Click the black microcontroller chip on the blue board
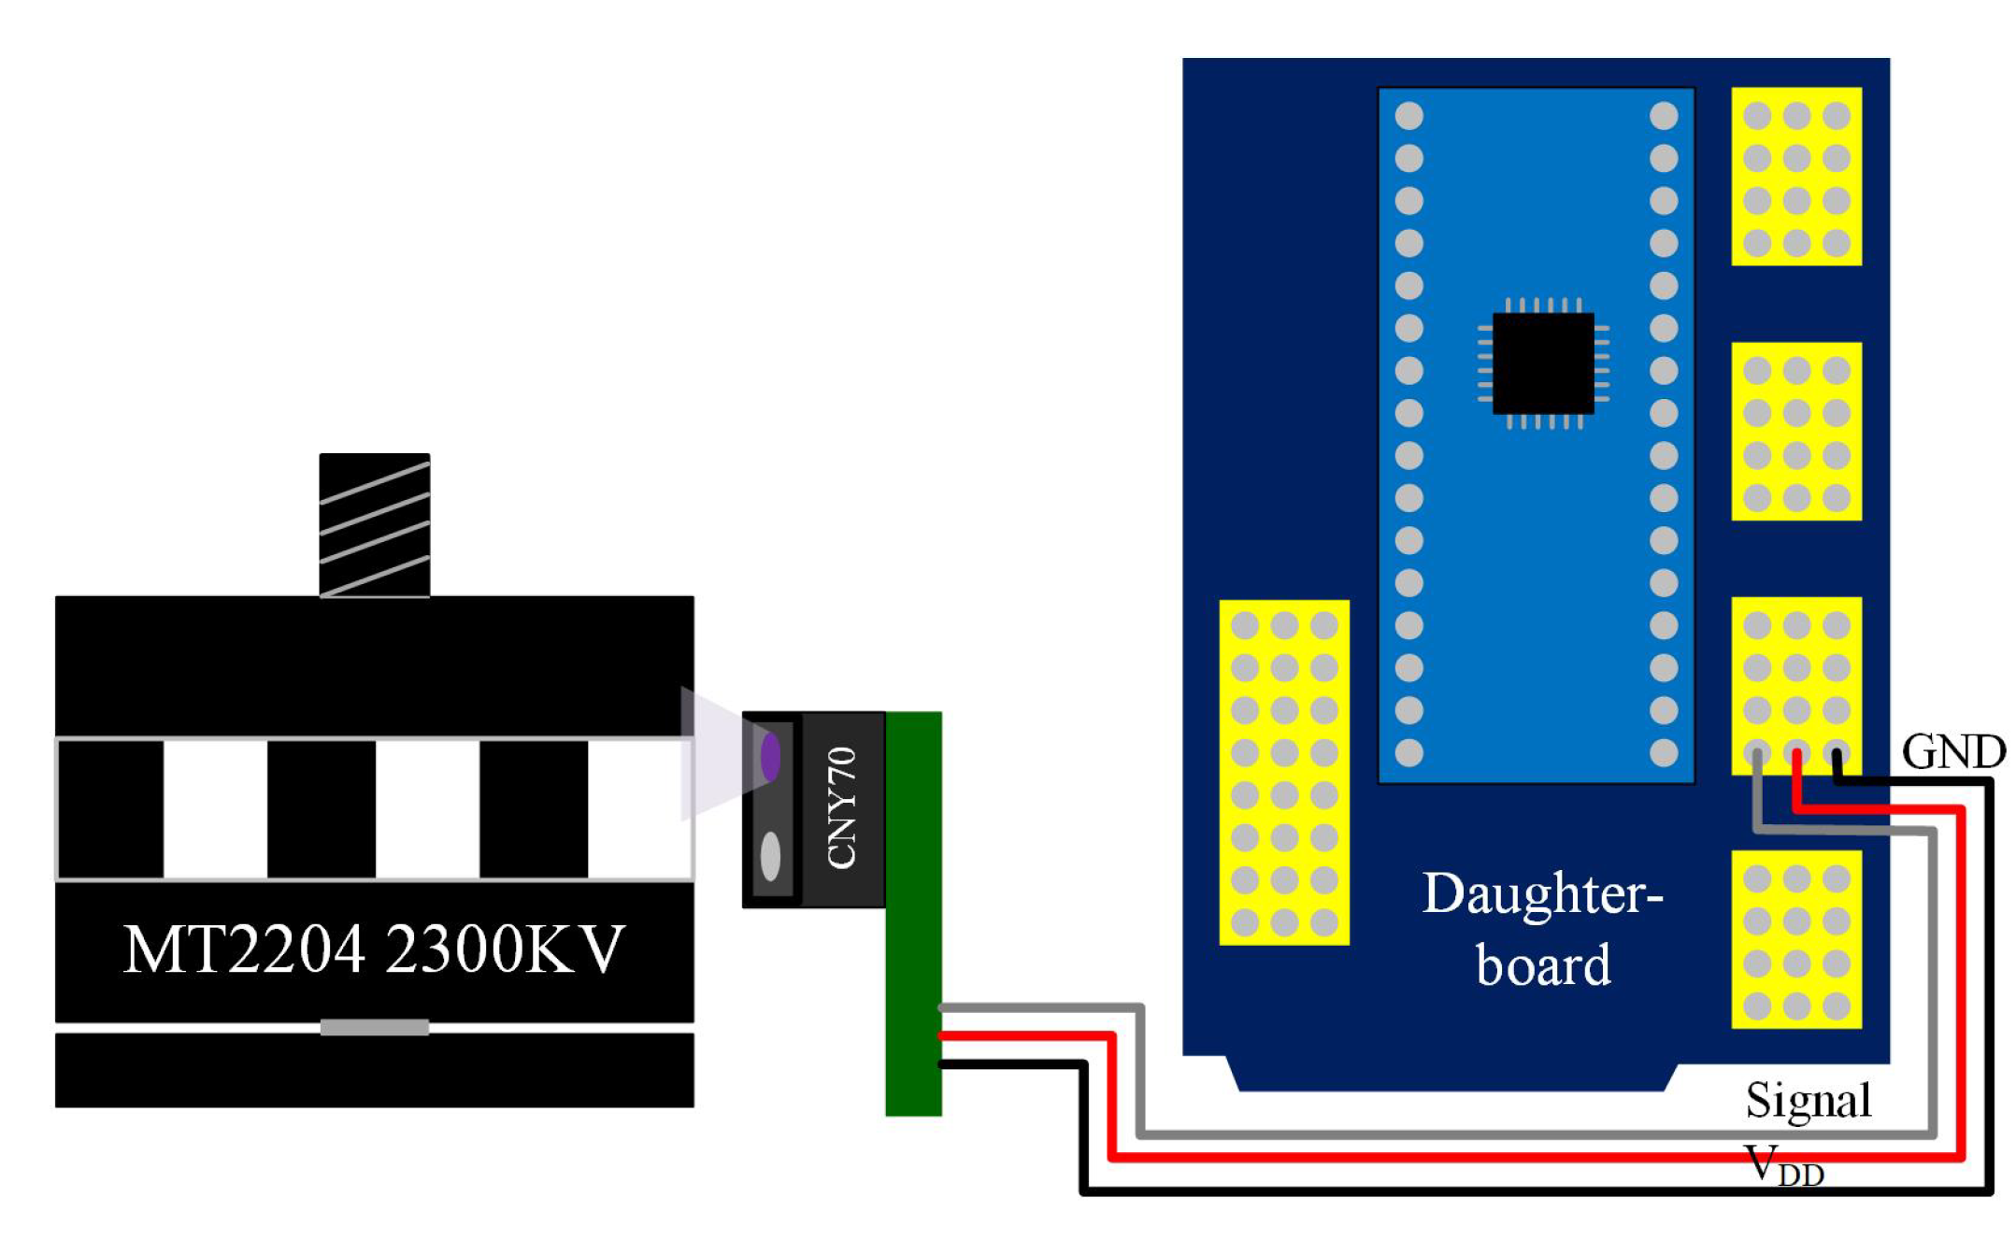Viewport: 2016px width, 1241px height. pyautogui.click(x=1542, y=363)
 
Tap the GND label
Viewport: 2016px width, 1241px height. pyautogui.click(x=1952, y=752)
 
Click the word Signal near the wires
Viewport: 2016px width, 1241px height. pyautogui.click(x=1808, y=1100)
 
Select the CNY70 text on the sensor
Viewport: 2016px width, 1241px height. pyautogui.click(x=842, y=807)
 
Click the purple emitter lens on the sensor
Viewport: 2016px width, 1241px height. pyautogui.click(x=770, y=756)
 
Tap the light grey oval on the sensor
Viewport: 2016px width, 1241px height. pyautogui.click(x=770, y=855)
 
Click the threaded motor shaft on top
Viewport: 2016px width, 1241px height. pyautogui.click(x=374, y=525)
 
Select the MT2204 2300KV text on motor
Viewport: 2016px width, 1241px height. pyautogui.click(x=374, y=950)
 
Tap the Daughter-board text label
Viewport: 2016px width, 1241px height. pyautogui.click(x=1543, y=929)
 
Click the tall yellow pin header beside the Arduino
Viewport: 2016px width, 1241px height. pyautogui.click(x=1283, y=772)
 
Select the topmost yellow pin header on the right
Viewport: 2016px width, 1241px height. pyautogui.click(x=1795, y=177)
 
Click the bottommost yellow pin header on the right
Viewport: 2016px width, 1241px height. pyautogui.click(x=1795, y=939)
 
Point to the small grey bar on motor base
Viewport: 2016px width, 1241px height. pyautogui.click(x=374, y=1027)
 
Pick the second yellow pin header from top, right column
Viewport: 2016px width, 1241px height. pyautogui.click(x=1795, y=431)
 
